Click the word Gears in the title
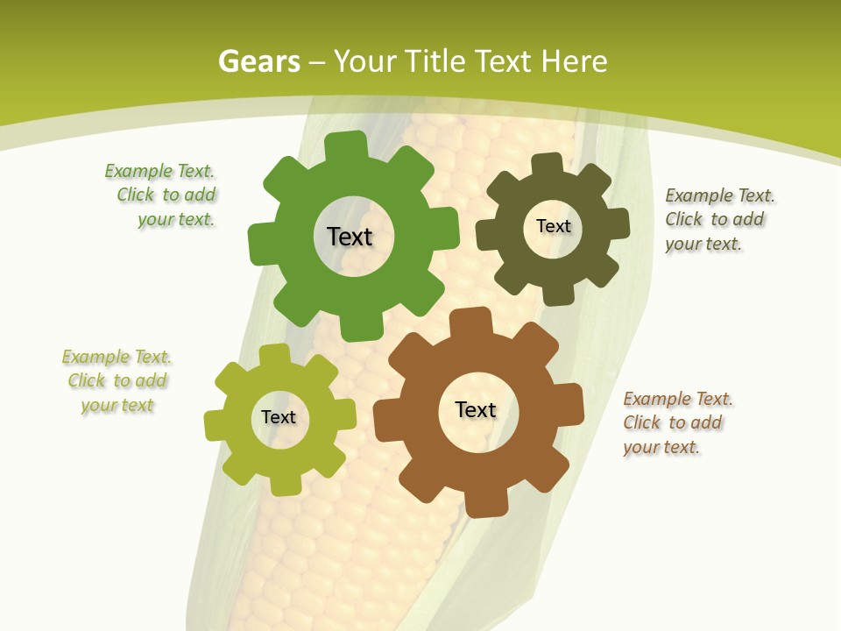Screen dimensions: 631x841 coord(258,61)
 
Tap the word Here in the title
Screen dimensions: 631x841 coord(574,61)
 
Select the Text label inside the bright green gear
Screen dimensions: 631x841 coord(350,237)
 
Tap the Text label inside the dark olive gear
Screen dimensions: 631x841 coord(553,226)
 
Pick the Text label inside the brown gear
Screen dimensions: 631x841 coord(476,409)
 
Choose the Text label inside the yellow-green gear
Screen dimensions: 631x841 coord(279,417)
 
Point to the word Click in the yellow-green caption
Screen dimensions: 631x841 coord(87,381)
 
